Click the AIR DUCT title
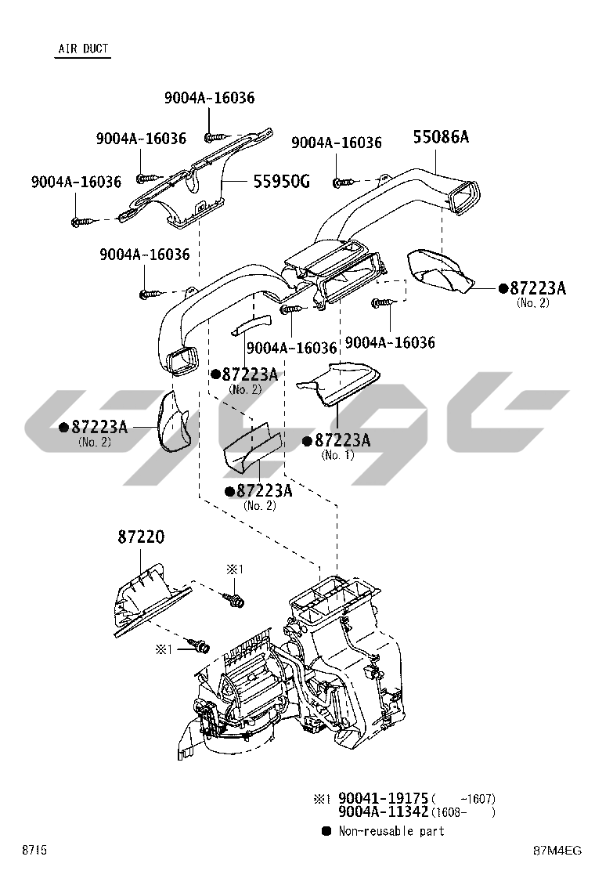point(82,49)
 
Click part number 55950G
point(281,183)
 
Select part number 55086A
point(441,137)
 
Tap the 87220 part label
point(142,537)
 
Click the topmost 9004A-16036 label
point(209,98)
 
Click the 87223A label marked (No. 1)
point(342,440)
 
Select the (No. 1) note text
point(337,455)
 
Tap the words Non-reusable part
point(391,831)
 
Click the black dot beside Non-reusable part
point(326,830)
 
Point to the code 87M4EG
point(557,851)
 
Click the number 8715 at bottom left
point(34,851)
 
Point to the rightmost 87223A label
point(537,287)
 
